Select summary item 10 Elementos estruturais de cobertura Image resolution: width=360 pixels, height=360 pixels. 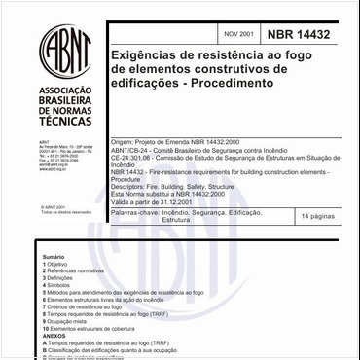click(91, 329)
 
